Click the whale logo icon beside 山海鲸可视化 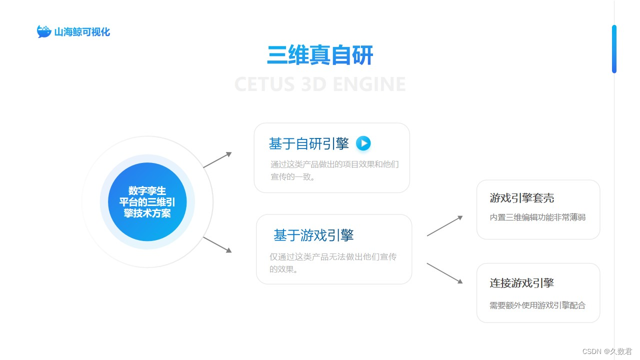coord(44,31)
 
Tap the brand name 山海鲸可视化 coord(82,32)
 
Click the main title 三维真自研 coord(320,55)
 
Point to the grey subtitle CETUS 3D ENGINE coord(320,84)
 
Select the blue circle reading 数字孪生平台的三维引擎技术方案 coord(147,202)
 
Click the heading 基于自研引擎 coord(309,144)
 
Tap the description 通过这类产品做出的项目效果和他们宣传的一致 coord(334,170)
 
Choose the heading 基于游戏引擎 coord(313,235)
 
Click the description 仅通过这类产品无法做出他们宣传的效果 coord(333,262)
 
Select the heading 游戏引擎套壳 coord(521,198)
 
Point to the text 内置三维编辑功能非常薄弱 coord(537,217)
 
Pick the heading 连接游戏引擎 coord(521,283)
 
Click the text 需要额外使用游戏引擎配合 coord(537,305)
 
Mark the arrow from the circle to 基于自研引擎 coord(217,160)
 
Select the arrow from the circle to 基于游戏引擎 coord(217,244)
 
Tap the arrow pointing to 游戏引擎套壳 coord(444,226)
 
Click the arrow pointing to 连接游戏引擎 coord(444,273)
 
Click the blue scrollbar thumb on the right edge coord(614,49)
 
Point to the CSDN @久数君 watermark coord(607,351)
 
